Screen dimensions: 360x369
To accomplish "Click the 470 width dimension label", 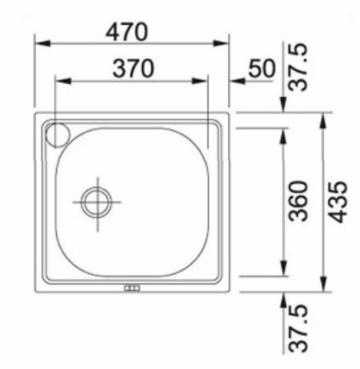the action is pos(127,31).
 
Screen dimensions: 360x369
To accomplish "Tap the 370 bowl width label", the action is pos(133,68).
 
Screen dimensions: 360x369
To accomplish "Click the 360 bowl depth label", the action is pos(298,201).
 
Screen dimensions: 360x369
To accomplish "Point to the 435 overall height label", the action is pos(338,201).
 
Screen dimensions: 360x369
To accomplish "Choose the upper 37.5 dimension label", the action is pos(298,67).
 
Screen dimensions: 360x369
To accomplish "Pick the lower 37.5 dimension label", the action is pos(298,329).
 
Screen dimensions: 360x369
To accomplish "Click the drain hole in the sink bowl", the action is pos(96,202).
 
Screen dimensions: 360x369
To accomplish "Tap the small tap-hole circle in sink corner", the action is pos(57,135).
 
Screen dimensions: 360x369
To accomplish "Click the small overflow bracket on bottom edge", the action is pos(132,288).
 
